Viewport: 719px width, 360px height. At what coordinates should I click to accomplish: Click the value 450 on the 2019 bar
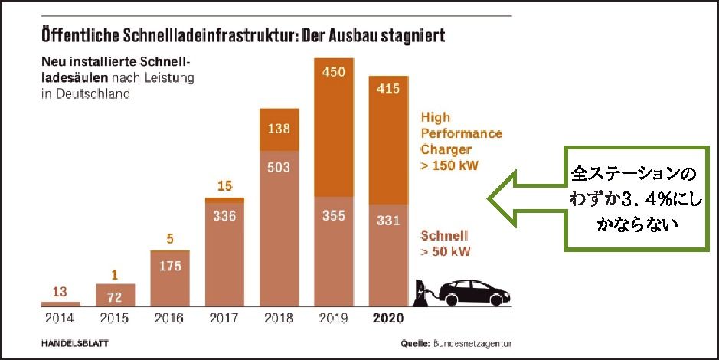tap(334, 72)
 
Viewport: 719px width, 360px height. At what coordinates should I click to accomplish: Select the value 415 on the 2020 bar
tap(389, 90)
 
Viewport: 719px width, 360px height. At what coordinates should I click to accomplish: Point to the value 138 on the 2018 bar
tap(279, 128)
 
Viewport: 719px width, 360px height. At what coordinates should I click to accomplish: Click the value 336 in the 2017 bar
tap(224, 217)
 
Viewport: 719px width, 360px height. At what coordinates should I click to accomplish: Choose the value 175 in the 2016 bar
tap(169, 266)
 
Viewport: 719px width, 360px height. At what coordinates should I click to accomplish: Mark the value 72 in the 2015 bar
tap(115, 295)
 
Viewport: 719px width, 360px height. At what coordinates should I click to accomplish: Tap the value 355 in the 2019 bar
tap(334, 217)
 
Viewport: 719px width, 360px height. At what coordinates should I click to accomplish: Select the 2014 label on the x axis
tap(60, 316)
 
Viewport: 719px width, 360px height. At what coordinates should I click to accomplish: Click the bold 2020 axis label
tap(389, 316)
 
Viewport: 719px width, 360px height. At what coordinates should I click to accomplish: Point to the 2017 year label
tap(224, 316)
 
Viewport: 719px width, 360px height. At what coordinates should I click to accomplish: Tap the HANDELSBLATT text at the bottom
tap(74, 344)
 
